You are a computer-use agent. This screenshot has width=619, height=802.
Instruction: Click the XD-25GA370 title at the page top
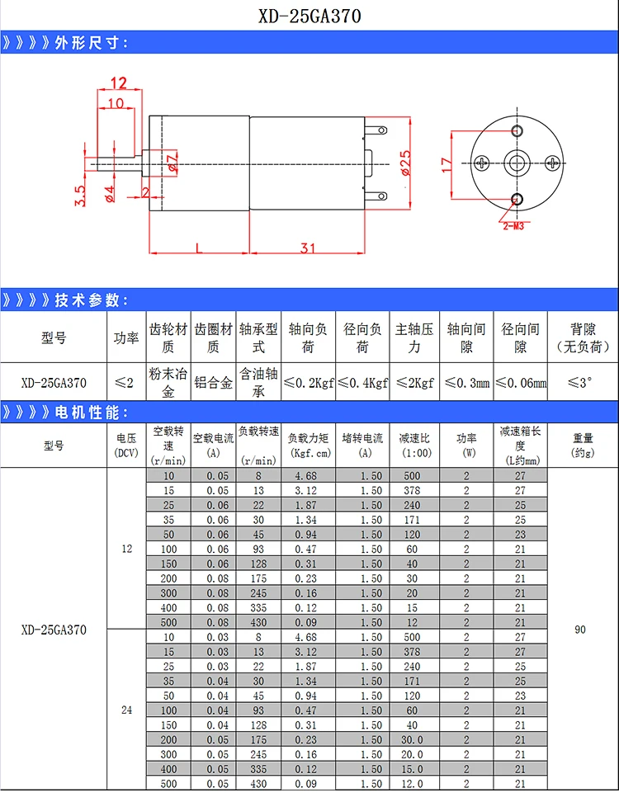coord(309,16)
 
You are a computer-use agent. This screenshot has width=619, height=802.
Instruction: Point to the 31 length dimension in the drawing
coord(308,248)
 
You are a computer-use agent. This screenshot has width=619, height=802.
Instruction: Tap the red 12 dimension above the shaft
coord(118,83)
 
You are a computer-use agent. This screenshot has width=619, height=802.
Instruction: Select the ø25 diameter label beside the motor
coord(405,163)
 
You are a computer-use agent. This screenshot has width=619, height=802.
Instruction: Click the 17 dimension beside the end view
coord(447,164)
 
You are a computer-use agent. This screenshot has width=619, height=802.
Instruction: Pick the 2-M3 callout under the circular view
coord(513,225)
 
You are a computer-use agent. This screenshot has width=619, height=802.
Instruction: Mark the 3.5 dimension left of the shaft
coord(80,196)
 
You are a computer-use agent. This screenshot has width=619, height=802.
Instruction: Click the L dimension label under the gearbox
coord(199,248)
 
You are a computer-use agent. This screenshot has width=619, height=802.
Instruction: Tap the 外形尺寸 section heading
coord(92,43)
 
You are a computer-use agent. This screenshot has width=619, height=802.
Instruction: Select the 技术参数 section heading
coord(92,300)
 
